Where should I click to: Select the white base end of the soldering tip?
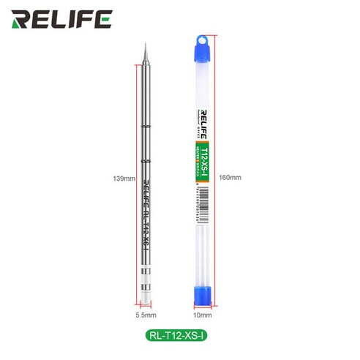[x=147, y=293]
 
